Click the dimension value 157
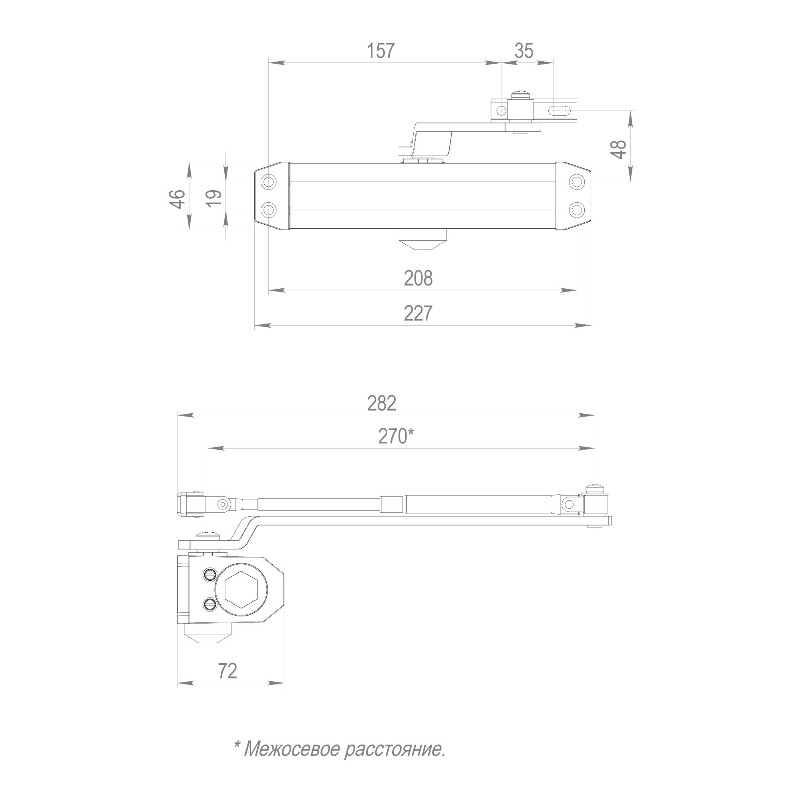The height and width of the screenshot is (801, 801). click(380, 51)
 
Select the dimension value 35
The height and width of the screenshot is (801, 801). click(524, 51)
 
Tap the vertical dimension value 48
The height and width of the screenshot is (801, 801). click(620, 150)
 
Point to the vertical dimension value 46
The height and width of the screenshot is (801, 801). click(178, 199)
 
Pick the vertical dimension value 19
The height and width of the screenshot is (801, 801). click(214, 199)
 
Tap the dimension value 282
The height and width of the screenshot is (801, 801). click(382, 403)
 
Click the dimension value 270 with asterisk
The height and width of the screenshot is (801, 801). click(396, 436)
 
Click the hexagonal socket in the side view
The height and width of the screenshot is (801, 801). click(242, 589)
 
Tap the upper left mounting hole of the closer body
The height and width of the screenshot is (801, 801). click(269, 181)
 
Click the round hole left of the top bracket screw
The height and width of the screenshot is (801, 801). click(501, 111)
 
